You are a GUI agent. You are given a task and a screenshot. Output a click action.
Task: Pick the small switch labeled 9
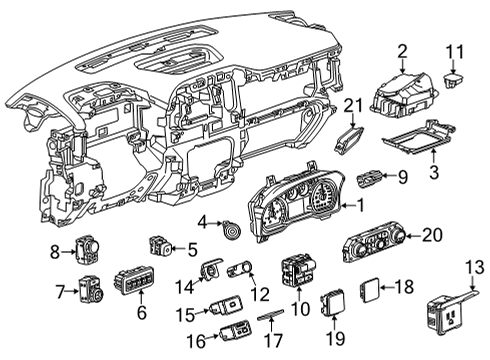pos(370,179)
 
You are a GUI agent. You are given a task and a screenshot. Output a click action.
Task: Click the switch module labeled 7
pos(91,291)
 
